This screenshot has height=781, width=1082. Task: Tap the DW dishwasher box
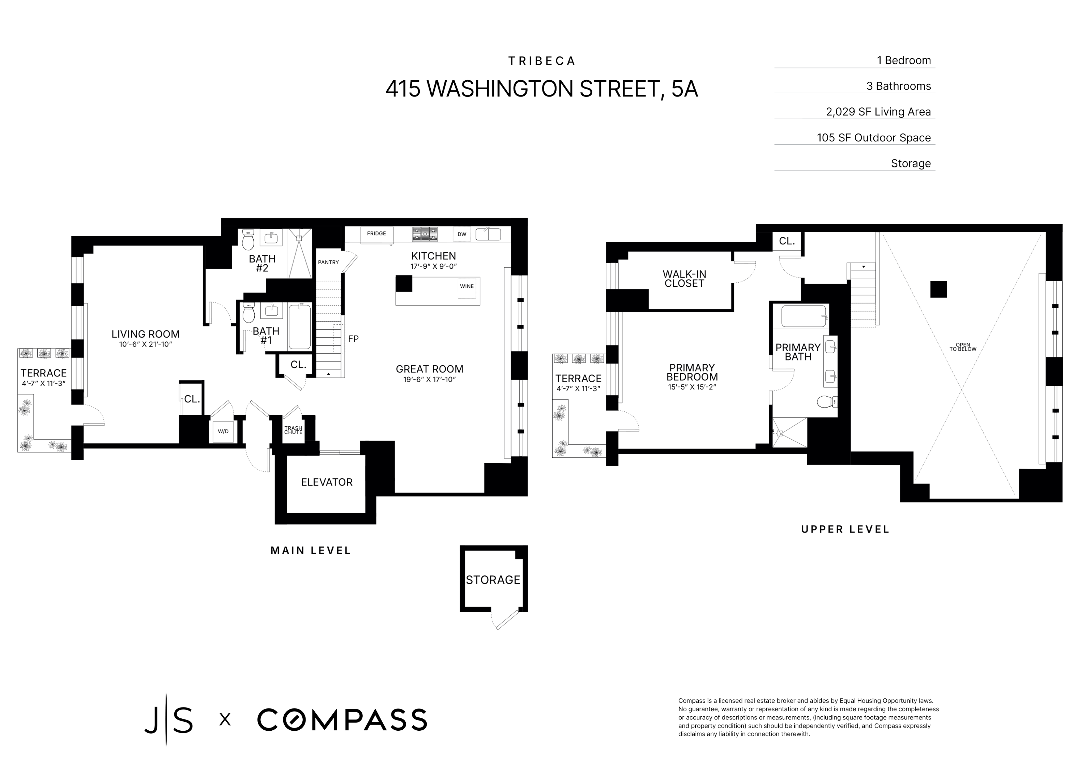(x=462, y=234)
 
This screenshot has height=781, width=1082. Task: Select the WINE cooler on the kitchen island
(x=467, y=287)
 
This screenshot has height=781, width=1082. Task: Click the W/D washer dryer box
(x=223, y=432)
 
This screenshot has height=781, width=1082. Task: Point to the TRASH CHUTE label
(x=293, y=430)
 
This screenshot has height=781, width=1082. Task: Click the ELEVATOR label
(x=327, y=482)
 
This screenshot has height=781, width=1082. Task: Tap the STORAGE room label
(x=493, y=580)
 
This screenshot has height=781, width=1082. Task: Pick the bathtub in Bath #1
(x=299, y=327)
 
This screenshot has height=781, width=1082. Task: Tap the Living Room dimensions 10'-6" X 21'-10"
(x=145, y=345)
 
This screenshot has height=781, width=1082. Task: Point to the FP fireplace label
(x=353, y=339)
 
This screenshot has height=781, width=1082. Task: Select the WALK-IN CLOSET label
(x=684, y=279)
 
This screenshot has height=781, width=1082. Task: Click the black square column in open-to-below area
(x=938, y=290)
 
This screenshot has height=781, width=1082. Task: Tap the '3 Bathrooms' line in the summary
(x=898, y=86)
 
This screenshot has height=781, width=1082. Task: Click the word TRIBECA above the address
(x=541, y=61)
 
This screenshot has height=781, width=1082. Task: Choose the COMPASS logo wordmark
(x=342, y=720)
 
